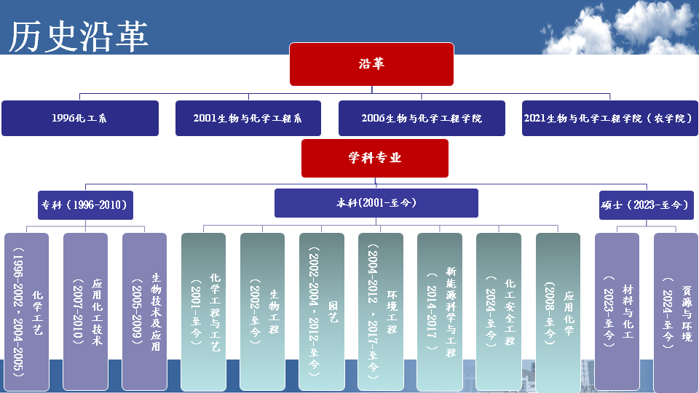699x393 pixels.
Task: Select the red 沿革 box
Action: tap(371, 64)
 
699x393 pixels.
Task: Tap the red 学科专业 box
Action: tap(375, 158)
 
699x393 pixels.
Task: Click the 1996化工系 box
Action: tap(80, 118)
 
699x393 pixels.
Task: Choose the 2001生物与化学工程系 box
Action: tap(248, 118)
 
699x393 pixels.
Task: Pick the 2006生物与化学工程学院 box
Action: tap(422, 118)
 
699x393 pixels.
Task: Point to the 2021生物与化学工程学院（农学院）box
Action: tap(609, 118)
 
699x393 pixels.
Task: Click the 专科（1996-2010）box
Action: tap(86, 205)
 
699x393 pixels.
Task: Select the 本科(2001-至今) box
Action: tap(376, 203)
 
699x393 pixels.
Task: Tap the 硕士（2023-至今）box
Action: tap(644, 205)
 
